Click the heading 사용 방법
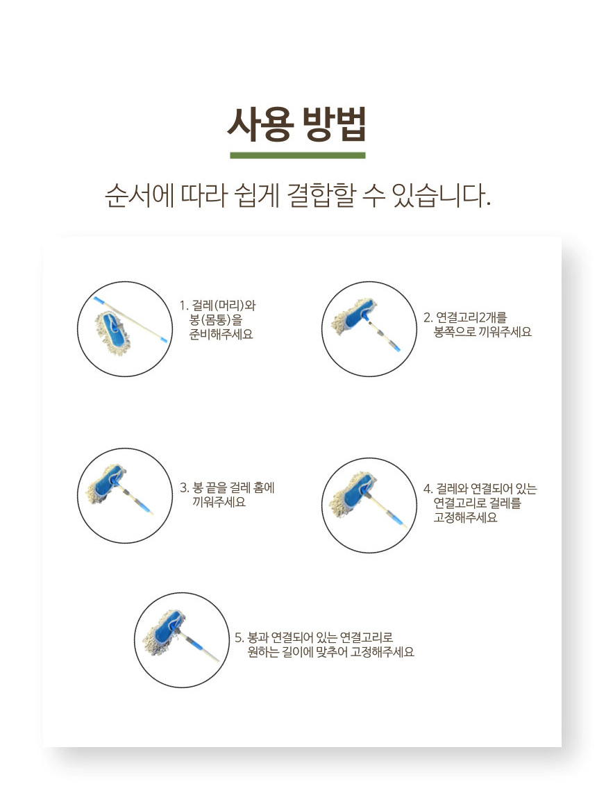click(297, 124)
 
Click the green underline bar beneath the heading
click(298, 155)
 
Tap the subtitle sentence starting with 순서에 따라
click(297, 196)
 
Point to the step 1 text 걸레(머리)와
click(224, 306)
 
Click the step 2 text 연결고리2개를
click(471, 317)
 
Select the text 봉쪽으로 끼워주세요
click(482, 332)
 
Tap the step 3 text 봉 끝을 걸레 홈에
click(233, 487)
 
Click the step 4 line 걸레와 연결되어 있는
click(487, 489)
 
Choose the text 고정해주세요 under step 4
click(465, 518)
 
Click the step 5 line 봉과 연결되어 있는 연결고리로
click(321, 637)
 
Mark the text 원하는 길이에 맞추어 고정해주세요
click(331, 652)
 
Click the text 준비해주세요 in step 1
click(221, 335)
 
